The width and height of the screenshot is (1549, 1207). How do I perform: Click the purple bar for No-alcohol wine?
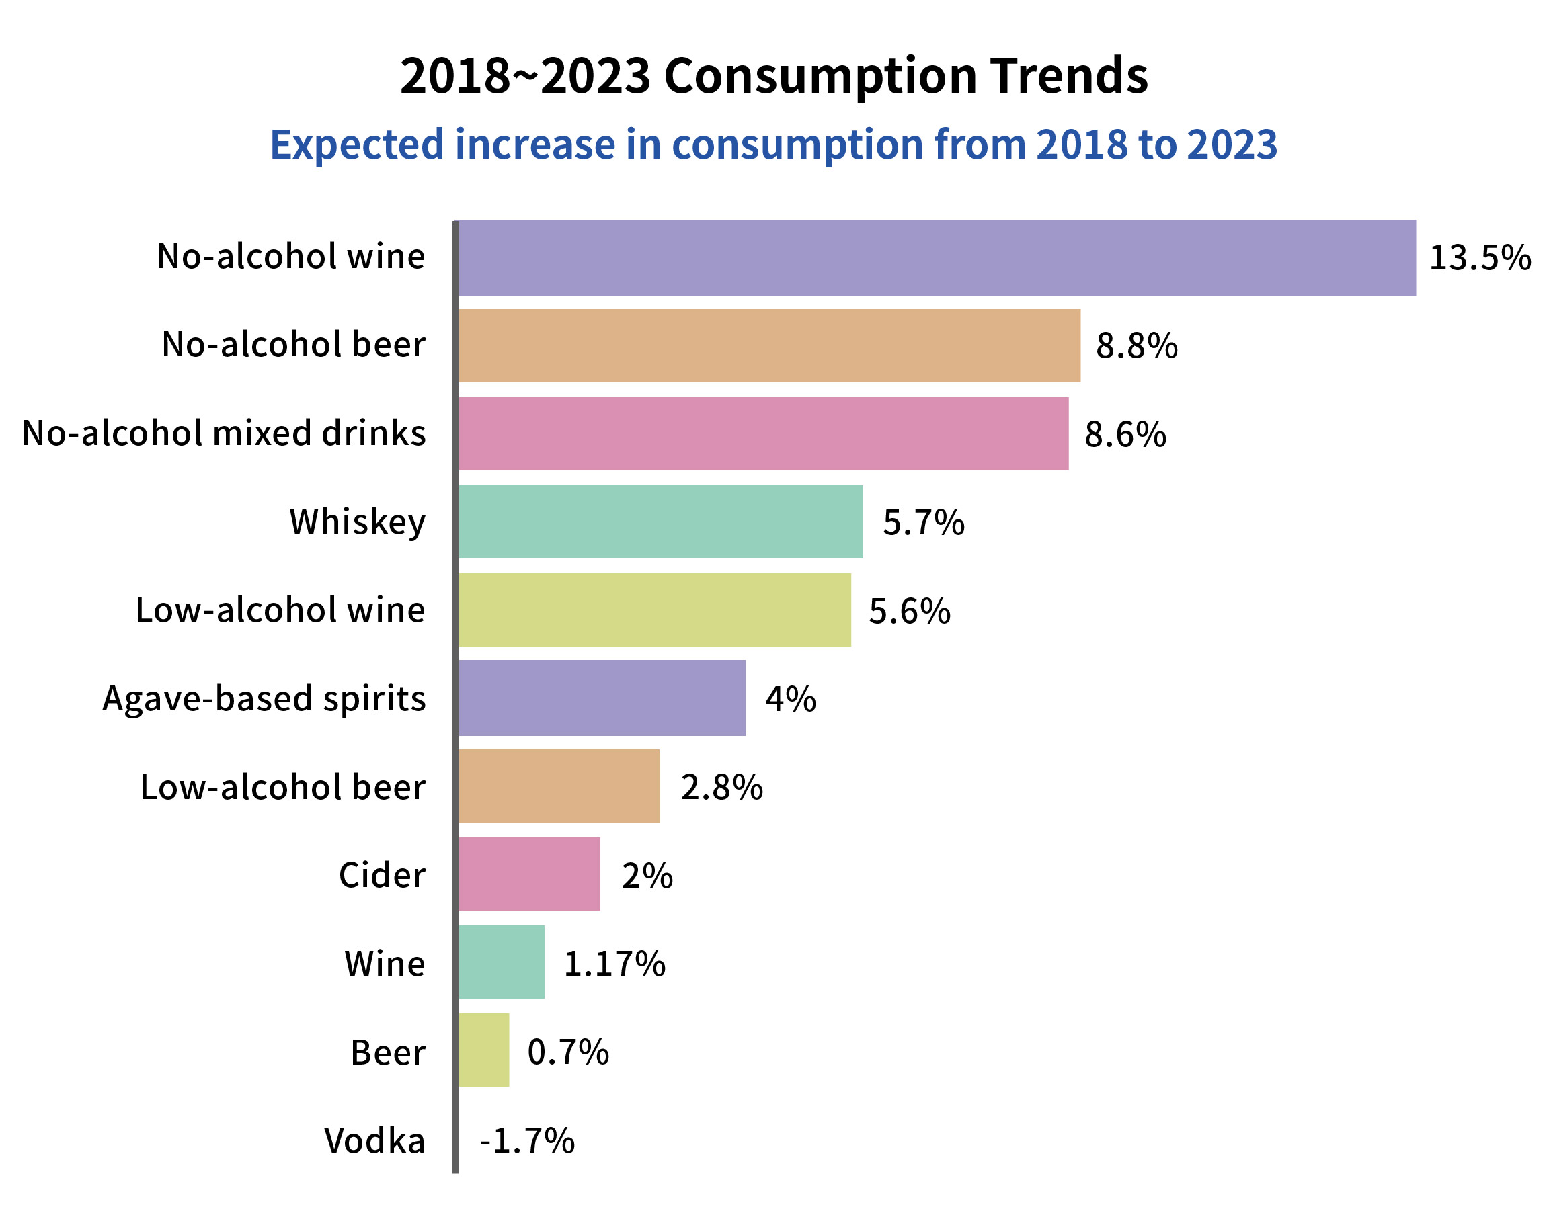point(937,257)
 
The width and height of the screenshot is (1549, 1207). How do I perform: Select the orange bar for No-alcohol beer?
point(769,345)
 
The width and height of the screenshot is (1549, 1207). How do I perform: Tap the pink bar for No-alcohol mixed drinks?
point(763,433)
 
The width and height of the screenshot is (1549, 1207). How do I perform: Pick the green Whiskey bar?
point(660,522)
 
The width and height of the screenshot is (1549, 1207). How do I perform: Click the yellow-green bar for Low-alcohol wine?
point(654,610)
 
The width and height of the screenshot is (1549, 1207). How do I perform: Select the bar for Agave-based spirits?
point(602,698)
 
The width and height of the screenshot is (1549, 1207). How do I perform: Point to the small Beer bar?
point(483,1050)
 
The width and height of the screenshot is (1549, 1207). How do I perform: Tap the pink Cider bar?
point(529,874)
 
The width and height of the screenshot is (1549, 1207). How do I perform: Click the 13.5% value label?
point(1480,257)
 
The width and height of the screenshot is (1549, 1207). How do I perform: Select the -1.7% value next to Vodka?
point(527,1140)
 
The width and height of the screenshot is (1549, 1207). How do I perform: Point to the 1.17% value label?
point(614,964)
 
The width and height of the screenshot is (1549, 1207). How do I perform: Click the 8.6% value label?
point(1125,434)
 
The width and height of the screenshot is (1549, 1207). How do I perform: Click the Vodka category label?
point(374,1140)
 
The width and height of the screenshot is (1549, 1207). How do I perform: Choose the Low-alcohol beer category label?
point(282,787)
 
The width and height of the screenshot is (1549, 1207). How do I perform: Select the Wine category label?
point(385,964)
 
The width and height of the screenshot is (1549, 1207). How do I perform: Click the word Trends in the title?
point(1070,75)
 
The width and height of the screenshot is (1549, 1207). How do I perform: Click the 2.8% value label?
point(721,787)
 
